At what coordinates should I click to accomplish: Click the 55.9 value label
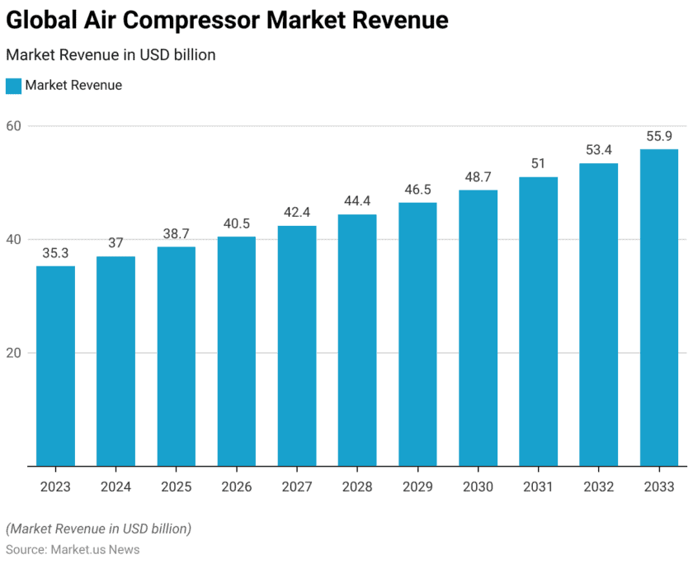click(x=659, y=136)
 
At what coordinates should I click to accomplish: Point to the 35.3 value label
click(x=55, y=253)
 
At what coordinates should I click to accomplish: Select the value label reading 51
click(x=538, y=164)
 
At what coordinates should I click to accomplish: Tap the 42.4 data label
click(x=297, y=213)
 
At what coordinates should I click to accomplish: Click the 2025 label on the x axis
click(x=176, y=486)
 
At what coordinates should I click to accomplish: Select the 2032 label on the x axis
click(x=598, y=486)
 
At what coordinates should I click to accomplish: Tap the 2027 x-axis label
click(x=297, y=486)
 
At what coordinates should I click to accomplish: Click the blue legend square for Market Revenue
click(x=13, y=85)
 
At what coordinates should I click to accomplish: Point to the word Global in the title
click(x=39, y=21)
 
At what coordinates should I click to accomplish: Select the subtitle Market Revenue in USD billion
click(x=111, y=55)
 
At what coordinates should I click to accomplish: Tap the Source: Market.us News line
click(x=73, y=549)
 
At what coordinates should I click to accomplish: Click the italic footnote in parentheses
click(x=98, y=528)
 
